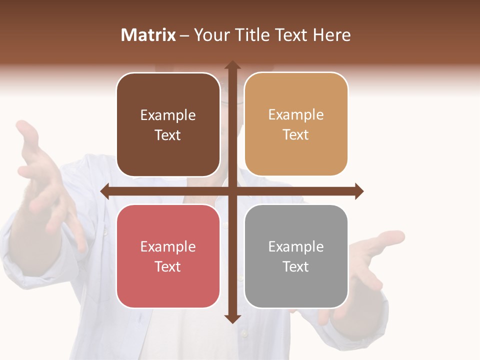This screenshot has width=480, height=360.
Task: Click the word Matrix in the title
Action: [x=148, y=35]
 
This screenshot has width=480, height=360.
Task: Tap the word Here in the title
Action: [x=331, y=35]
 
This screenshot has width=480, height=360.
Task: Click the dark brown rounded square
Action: [x=168, y=125]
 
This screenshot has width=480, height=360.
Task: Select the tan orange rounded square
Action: [x=296, y=124]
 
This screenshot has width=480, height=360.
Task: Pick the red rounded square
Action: [x=168, y=256]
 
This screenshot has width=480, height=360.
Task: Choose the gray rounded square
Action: [x=296, y=256]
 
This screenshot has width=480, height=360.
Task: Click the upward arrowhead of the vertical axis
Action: [x=232, y=65]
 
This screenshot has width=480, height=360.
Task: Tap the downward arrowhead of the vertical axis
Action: [x=232, y=318]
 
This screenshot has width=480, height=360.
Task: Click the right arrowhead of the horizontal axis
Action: [x=358, y=191]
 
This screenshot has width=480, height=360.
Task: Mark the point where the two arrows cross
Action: [x=232, y=191]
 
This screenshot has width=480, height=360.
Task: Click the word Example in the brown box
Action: [x=168, y=115]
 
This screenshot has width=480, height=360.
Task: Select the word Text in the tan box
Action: [x=296, y=135]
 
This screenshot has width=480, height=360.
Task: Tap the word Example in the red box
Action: [x=168, y=247]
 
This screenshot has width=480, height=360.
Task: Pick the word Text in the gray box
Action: [x=296, y=267]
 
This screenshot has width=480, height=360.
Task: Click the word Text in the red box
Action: [x=168, y=267]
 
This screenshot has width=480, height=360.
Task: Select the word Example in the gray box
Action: [x=296, y=247]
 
